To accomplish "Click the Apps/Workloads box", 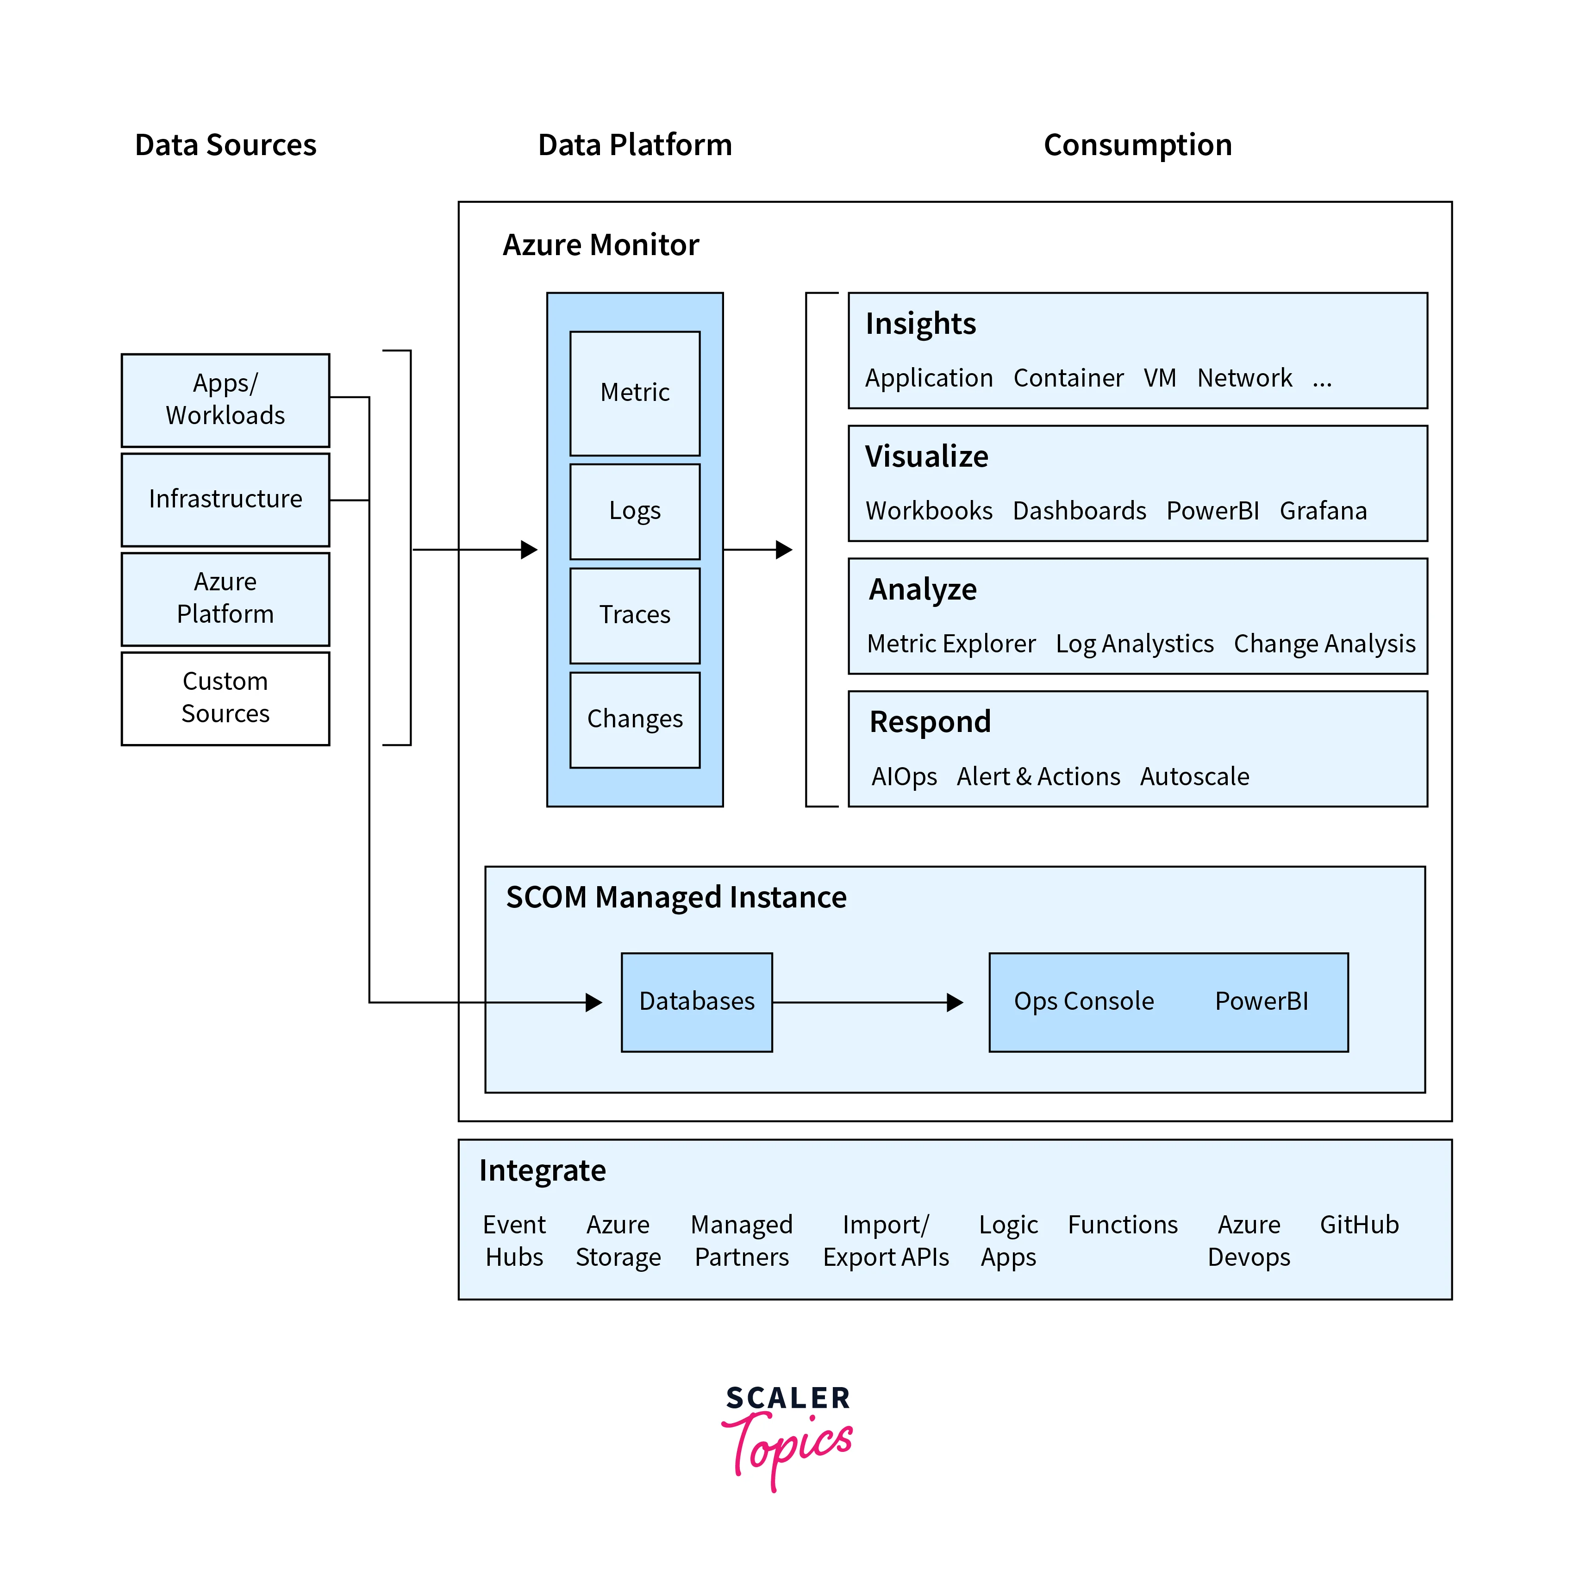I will pyautogui.click(x=225, y=400).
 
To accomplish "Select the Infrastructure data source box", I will pyautogui.click(x=225, y=499).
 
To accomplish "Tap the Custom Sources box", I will pyautogui.click(x=225, y=698).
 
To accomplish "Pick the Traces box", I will pyautogui.click(x=635, y=615).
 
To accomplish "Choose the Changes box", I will pyautogui.click(x=635, y=719).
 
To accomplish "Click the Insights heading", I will pyautogui.click(x=920, y=324).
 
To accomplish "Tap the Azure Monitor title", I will pyautogui.click(x=600, y=245).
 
